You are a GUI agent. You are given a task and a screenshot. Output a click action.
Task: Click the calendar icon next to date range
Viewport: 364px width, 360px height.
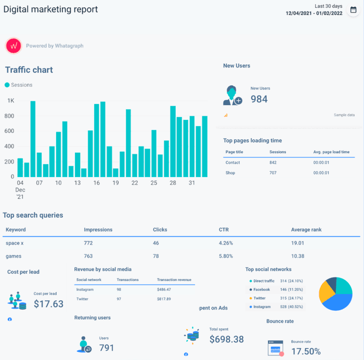pyautogui.click(x=353, y=10)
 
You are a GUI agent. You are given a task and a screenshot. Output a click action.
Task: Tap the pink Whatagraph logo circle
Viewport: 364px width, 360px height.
pyautogui.click(x=13, y=46)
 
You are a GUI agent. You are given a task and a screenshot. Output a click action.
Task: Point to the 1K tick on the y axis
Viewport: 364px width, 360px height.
pyautogui.click(x=10, y=101)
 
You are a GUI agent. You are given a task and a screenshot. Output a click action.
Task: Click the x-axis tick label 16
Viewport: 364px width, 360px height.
pyautogui.click(x=97, y=183)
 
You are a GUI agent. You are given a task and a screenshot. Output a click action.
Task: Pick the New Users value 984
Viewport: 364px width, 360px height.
pyautogui.click(x=259, y=99)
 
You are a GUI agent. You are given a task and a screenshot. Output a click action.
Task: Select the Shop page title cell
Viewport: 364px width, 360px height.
pyautogui.click(x=230, y=173)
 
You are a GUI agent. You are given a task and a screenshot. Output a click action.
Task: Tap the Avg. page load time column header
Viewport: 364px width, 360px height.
pyautogui.click(x=331, y=152)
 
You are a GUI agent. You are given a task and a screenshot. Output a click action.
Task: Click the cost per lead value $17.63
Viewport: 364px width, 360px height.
pyautogui.click(x=48, y=304)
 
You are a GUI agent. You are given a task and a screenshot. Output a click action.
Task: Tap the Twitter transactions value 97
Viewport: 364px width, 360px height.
pyautogui.click(x=119, y=299)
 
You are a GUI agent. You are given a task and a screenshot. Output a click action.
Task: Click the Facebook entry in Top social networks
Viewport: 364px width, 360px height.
pyautogui.click(x=262, y=289)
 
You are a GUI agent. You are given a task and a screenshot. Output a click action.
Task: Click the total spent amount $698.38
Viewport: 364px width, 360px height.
pyautogui.click(x=227, y=339)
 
